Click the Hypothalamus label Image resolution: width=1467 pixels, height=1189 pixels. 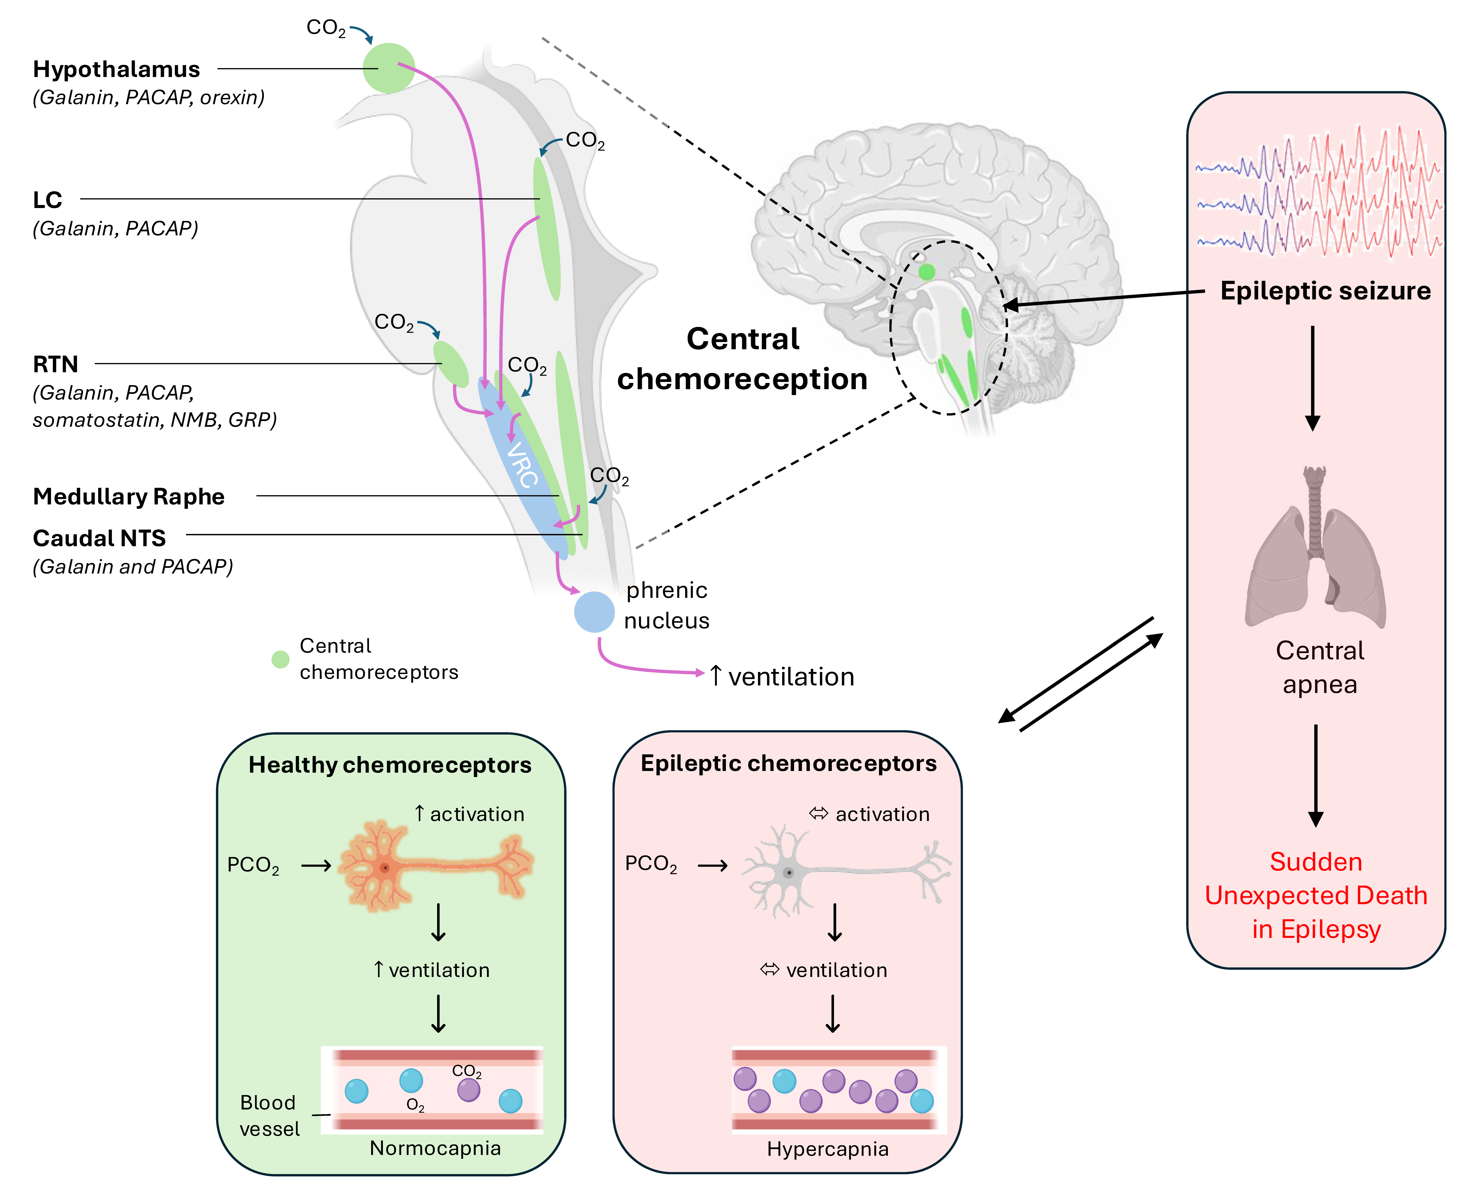click(116, 69)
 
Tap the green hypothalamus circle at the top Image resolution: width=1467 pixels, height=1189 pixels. click(388, 68)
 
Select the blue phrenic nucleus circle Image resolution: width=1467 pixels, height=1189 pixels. click(594, 612)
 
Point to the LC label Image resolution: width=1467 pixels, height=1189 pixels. click(47, 200)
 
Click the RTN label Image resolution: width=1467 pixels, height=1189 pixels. click(55, 364)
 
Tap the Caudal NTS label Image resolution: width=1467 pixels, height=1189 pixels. click(99, 538)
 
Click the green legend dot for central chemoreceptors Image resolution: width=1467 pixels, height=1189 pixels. click(280, 659)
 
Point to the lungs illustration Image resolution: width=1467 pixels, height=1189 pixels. click(1315, 546)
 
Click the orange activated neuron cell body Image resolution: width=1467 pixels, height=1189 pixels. click(385, 868)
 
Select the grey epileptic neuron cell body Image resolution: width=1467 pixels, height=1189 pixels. click(789, 873)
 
